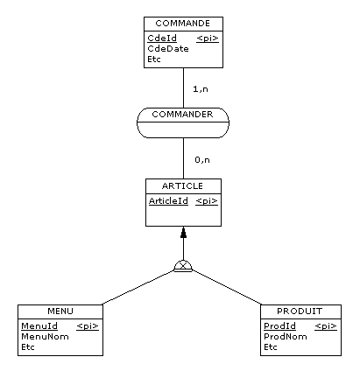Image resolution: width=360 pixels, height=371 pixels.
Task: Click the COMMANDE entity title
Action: click(x=183, y=24)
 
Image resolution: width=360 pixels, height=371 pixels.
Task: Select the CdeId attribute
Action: click(x=162, y=38)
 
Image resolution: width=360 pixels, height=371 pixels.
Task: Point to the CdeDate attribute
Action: click(x=168, y=49)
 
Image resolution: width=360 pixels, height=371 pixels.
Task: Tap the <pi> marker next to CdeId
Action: click(x=208, y=38)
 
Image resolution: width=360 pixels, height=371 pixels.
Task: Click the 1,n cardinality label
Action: click(x=201, y=89)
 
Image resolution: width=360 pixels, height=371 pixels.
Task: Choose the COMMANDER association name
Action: click(x=182, y=114)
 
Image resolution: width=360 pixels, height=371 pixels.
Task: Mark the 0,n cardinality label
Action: click(x=202, y=160)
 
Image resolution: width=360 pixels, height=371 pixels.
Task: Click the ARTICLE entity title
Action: click(x=182, y=185)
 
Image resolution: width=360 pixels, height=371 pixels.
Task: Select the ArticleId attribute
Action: click(x=168, y=200)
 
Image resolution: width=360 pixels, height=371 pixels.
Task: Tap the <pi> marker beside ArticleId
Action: click(x=207, y=201)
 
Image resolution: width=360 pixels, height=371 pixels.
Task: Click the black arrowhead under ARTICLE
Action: click(x=183, y=233)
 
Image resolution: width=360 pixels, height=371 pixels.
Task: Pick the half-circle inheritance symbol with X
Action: click(x=183, y=266)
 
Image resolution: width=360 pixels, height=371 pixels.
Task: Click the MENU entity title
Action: click(x=60, y=311)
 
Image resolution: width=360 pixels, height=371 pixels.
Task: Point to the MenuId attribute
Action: click(x=39, y=325)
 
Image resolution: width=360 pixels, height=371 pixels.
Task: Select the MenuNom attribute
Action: click(x=45, y=337)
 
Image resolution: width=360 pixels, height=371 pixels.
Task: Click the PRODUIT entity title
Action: click(x=300, y=311)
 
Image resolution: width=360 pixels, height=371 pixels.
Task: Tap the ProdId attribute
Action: click(x=279, y=325)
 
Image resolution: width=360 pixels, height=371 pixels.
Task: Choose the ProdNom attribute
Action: click(x=286, y=337)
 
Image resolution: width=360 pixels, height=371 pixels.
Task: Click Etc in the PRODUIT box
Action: click(x=271, y=347)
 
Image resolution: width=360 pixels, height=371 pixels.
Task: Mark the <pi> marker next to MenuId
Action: click(x=88, y=326)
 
